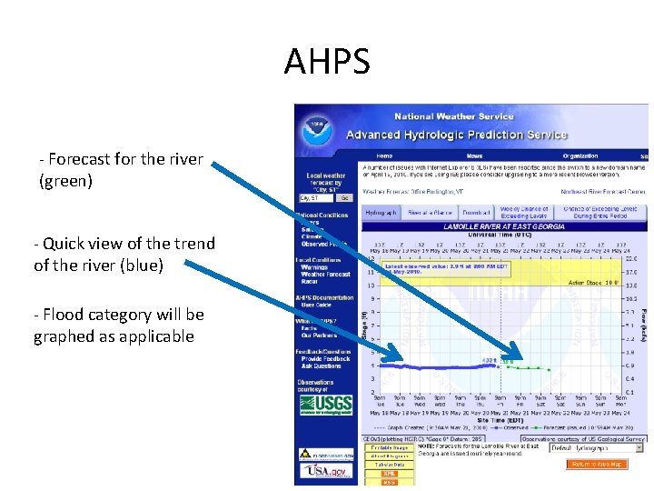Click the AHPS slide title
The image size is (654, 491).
(327, 62)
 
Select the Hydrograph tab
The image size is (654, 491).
(381, 213)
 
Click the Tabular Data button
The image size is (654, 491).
(390, 465)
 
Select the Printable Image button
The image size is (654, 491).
(390, 448)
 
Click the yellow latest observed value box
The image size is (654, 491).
(445, 269)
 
